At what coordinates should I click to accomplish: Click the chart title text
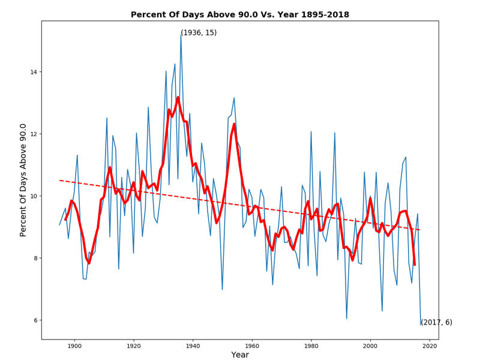coord(240,14)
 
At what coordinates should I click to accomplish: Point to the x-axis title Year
coord(240,355)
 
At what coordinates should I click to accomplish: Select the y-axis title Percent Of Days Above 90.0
coord(23,180)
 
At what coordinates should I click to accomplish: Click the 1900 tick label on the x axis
coord(74,346)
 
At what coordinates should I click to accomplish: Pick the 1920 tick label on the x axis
coord(134,346)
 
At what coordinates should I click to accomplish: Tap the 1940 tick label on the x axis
coord(193,346)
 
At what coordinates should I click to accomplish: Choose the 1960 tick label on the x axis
coord(252,346)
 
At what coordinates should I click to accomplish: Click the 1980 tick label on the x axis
coord(311,346)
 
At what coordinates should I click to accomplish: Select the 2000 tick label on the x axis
coord(370,346)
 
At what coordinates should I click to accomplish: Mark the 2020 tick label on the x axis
coord(430,346)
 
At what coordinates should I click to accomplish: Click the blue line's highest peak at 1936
coord(181,35)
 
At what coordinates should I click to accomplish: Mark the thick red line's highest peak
coord(178,97)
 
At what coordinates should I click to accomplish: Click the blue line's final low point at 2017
coord(421,325)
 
